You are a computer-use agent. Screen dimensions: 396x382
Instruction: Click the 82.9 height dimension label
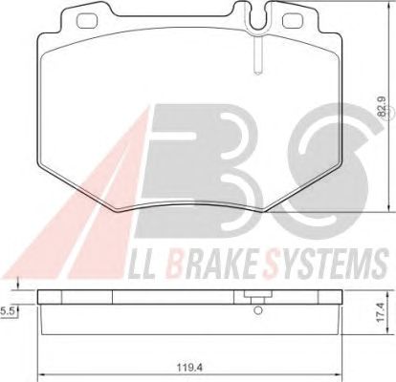(383, 107)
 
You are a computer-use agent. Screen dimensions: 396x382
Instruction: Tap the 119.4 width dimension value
(190, 368)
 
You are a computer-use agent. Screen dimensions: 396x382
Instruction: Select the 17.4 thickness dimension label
(381, 312)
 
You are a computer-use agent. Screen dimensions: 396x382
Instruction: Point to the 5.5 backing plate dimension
(7, 312)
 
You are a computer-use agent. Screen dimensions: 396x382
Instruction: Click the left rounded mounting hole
(87, 21)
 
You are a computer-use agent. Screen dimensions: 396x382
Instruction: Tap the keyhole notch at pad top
(258, 17)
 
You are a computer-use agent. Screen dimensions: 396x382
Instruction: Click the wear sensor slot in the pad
(258, 54)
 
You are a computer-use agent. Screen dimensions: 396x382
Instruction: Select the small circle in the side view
(258, 309)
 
